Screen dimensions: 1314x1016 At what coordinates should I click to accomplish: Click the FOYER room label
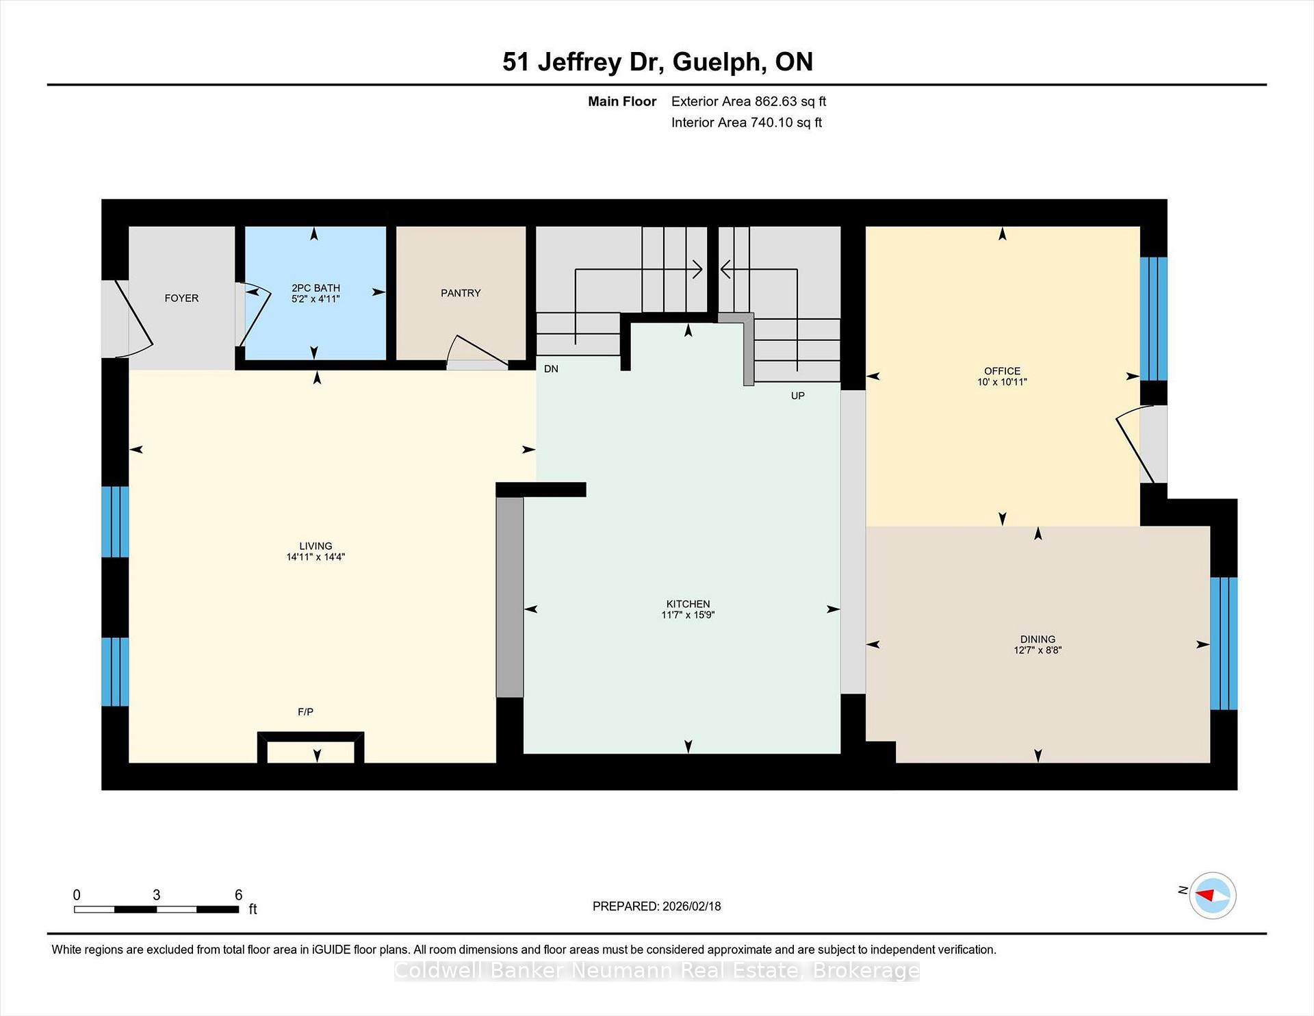click(x=181, y=299)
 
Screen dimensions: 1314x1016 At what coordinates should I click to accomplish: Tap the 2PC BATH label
click(x=315, y=288)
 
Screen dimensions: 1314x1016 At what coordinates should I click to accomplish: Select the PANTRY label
click(x=461, y=293)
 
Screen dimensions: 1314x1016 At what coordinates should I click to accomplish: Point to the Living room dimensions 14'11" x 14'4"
click(x=315, y=557)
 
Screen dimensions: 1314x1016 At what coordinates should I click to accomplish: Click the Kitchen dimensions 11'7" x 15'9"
click(x=688, y=615)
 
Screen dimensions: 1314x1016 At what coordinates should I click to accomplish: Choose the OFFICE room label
click(x=1002, y=371)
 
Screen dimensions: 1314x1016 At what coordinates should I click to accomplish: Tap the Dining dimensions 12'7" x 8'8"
click(x=1038, y=650)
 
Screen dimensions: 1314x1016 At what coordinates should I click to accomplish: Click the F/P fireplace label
click(x=305, y=712)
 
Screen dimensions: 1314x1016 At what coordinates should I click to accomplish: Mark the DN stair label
click(x=551, y=369)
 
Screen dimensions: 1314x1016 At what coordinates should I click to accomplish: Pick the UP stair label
click(x=797, y=396)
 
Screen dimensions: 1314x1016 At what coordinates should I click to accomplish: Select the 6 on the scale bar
click(x=238, y=895)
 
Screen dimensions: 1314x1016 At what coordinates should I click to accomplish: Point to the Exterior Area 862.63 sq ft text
click(x=749, y=101)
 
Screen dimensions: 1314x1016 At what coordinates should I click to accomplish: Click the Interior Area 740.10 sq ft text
click(x=747, y=123)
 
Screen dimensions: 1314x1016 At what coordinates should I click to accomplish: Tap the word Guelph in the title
click(x=719, y=62)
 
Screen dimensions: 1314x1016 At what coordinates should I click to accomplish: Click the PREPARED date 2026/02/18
click(x=691, y=906)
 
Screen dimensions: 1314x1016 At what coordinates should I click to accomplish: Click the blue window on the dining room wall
click(x=1224, y=644)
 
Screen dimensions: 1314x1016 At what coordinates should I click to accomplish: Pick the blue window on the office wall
click(x=1153, y=318)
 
